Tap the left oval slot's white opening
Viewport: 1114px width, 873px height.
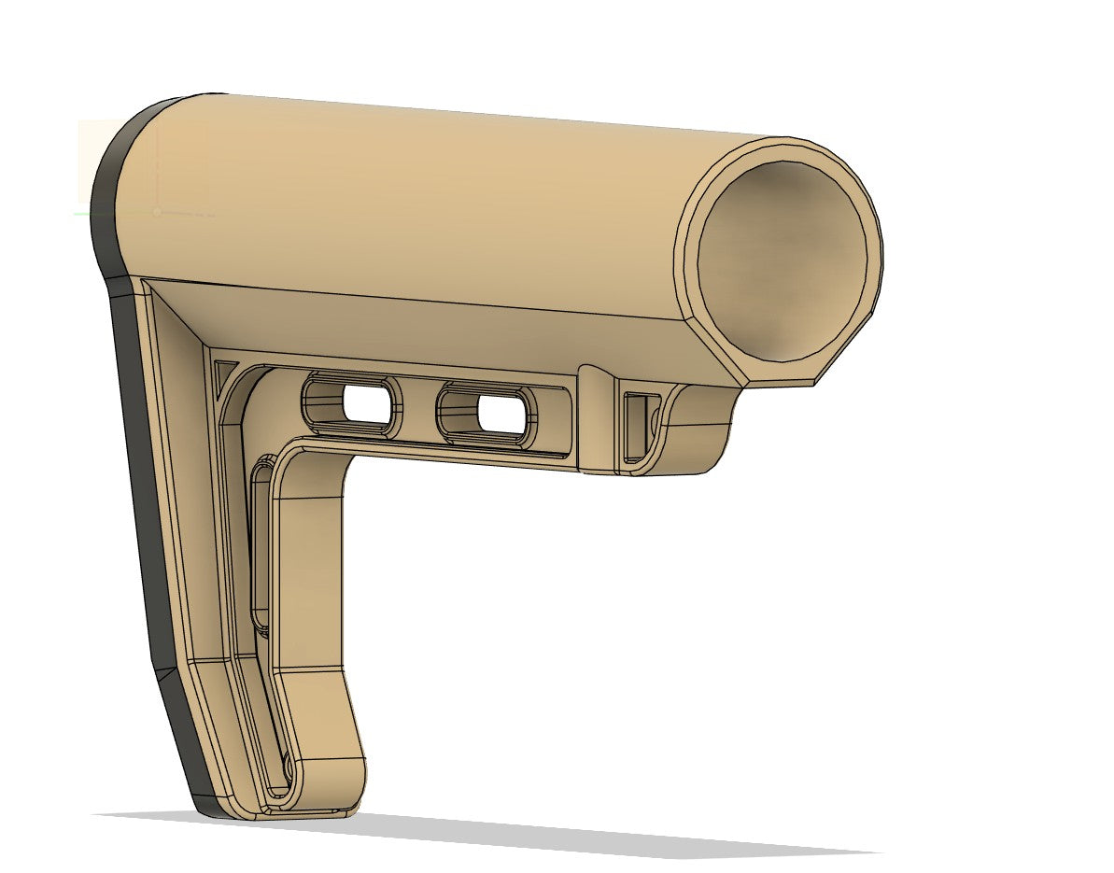[365, 402]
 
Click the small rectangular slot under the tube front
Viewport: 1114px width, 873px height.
[638, 426]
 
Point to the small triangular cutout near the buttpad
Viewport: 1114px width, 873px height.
[224, 377]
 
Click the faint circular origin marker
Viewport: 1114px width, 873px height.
[157, 212]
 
